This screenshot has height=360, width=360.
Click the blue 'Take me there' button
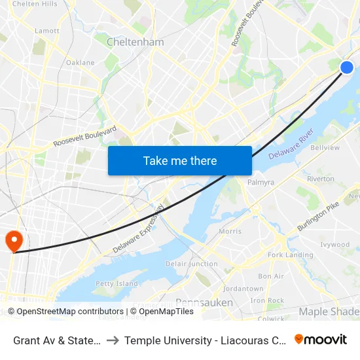[x=180, y=160]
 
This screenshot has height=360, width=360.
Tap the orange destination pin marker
[x=13, y=242]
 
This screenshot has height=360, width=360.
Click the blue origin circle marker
[x=347, y=67]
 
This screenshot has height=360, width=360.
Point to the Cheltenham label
[x=135, y=42]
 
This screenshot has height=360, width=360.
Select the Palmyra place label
[x=261, y=183]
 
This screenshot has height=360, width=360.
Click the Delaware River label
[x=292, y=146]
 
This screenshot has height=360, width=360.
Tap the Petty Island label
[x=117, y=283]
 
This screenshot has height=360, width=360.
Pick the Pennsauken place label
[x=202, y=302]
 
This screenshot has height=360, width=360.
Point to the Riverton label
[x=320, y=179]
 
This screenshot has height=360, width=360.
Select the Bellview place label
[x=325, y=148]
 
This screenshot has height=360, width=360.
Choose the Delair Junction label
[x=192, y=264]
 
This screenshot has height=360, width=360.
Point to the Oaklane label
[x=80, y=63]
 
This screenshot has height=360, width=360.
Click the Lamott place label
[x=47, y=31]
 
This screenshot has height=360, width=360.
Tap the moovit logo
[x=321, y=339]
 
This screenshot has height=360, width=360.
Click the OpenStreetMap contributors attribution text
[x=66, y=312]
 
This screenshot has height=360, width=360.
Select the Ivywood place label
[x=336, y=244]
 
